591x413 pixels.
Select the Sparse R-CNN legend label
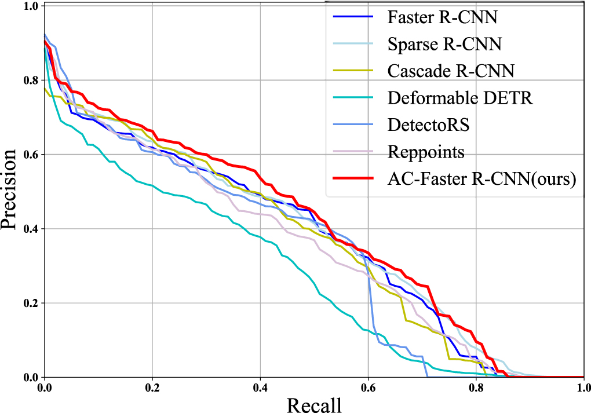(444, 43)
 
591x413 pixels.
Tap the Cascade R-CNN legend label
(450, 71)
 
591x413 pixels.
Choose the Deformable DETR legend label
(459, 98)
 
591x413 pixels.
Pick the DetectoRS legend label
(429, 125)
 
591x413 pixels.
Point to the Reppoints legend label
(426, 152)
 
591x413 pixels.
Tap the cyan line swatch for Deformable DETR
(352, 98)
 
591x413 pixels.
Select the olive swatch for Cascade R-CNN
(352, 71)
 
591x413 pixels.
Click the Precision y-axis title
(11, 191)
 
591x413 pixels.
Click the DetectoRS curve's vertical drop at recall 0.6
(370, 290)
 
